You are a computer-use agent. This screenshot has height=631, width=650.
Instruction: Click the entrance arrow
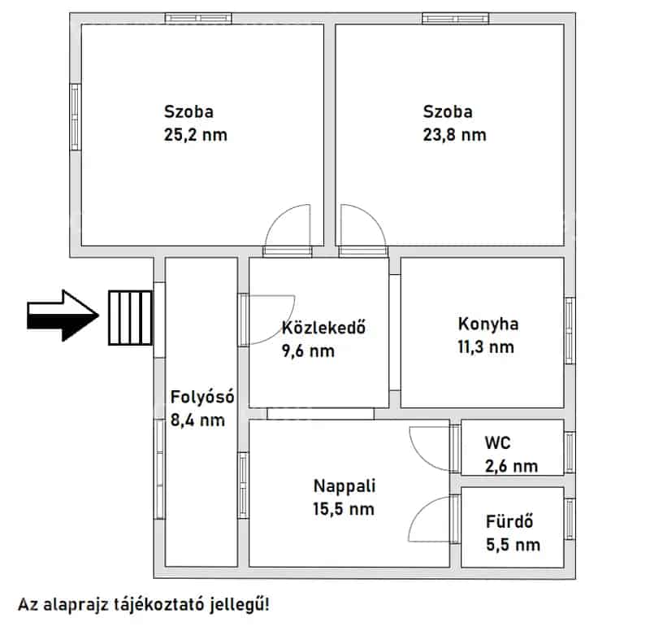63,315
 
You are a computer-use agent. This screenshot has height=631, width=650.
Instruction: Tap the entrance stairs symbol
131,318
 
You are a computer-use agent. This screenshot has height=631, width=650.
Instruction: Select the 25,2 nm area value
196,135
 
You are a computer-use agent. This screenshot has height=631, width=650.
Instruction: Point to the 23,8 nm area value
455,135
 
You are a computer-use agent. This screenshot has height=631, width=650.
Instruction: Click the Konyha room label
488,324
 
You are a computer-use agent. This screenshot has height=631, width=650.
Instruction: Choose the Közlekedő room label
323,328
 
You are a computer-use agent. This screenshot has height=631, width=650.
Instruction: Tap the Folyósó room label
202,397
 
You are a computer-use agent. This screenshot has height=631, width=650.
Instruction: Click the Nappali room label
344,485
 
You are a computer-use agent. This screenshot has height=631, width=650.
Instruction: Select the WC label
497,443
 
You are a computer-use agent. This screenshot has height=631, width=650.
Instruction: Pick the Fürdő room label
509,521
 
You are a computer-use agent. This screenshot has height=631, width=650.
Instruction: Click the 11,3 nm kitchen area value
486,347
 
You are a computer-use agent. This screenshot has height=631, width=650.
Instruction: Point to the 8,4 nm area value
197,420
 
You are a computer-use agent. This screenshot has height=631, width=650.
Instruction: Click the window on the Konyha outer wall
570,331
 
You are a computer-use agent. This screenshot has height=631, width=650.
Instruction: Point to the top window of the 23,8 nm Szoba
456,18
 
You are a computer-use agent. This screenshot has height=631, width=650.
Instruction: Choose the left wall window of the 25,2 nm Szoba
75,117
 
